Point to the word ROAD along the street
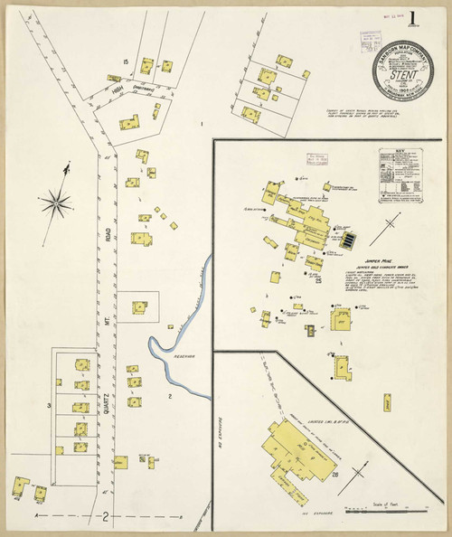point(106,238)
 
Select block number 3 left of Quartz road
point(49,405)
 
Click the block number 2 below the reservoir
point(169,396)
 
